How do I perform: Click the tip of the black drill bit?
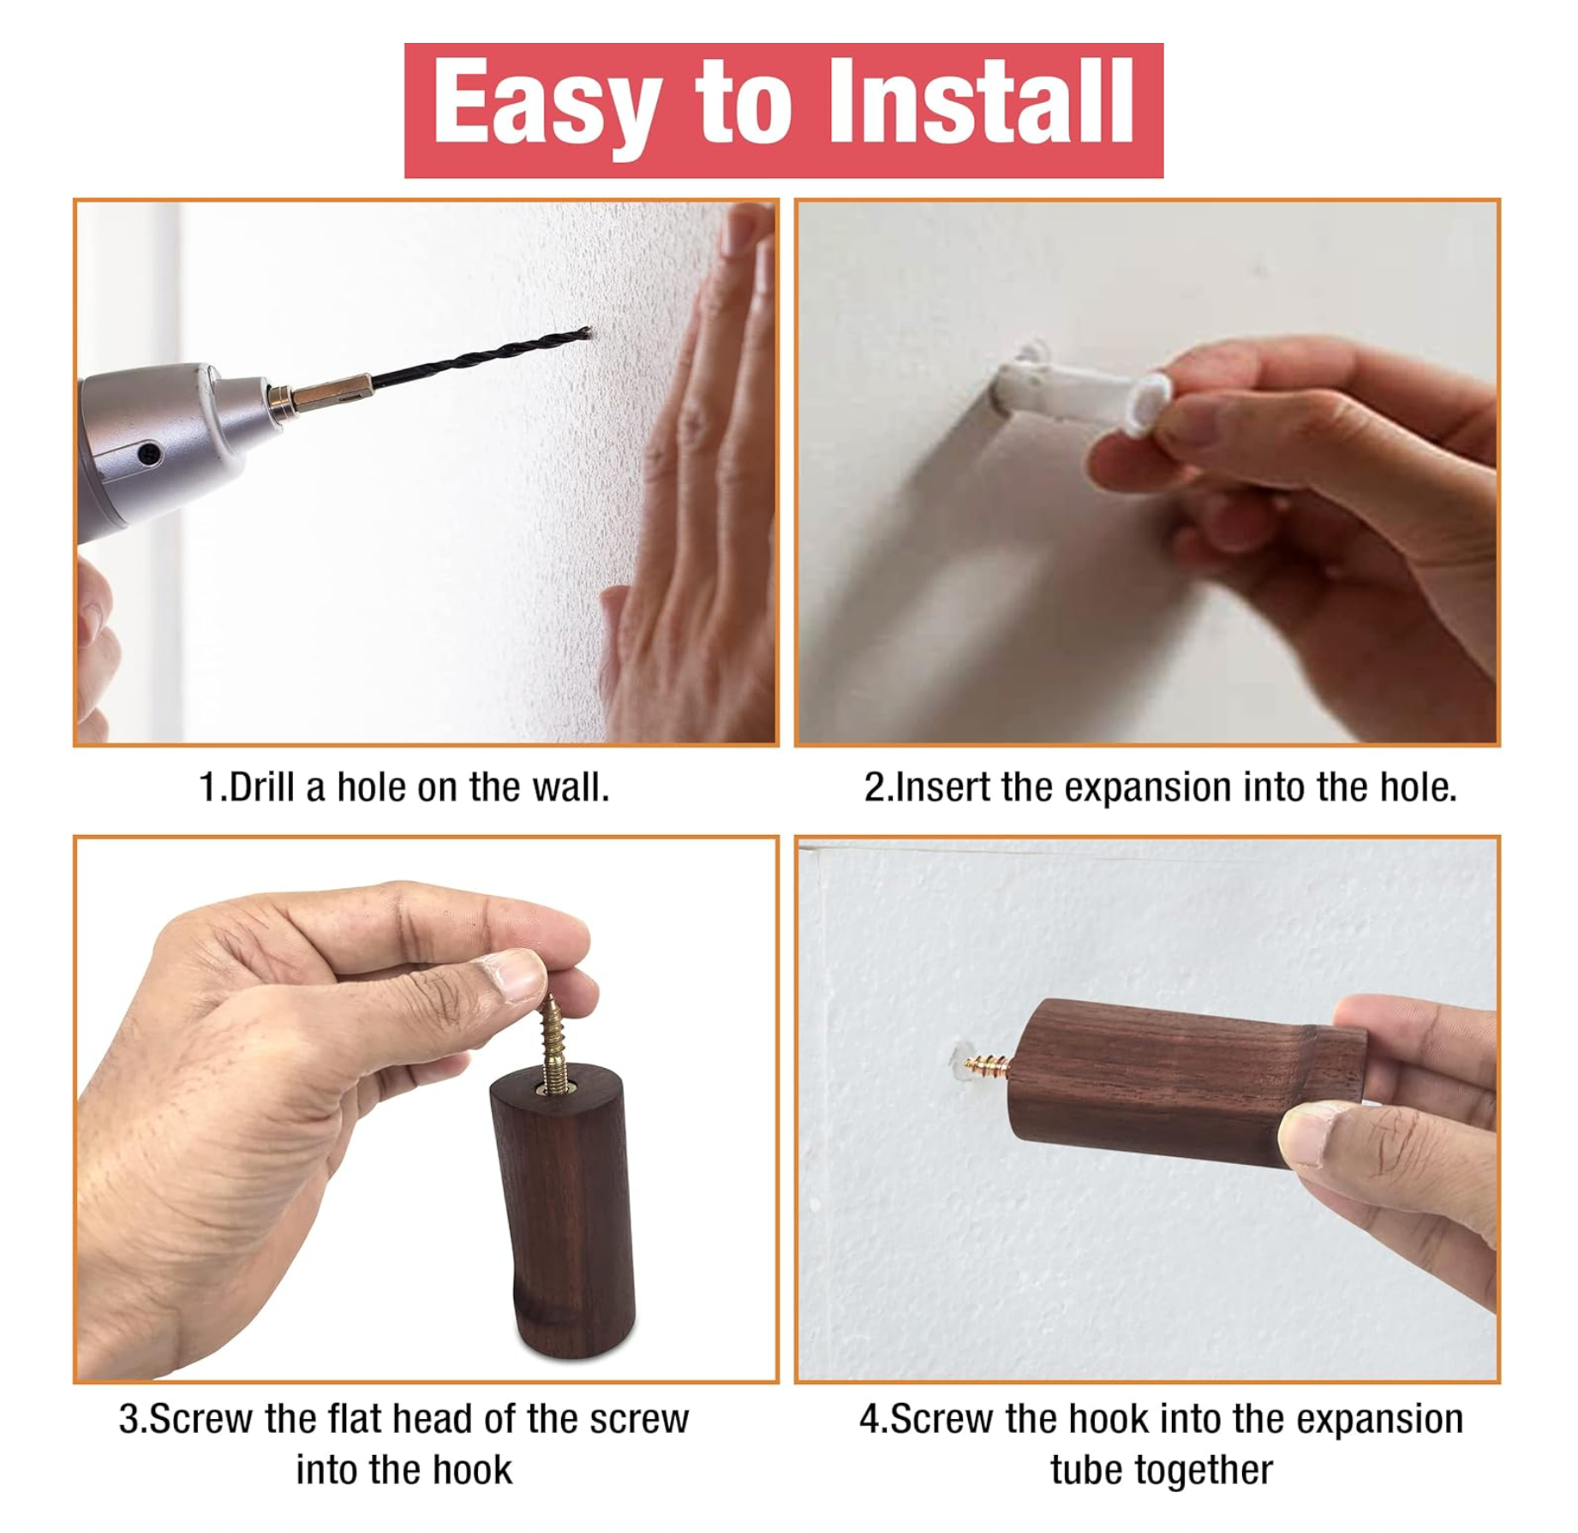click(587, 331)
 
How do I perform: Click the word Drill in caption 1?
click(262, 787)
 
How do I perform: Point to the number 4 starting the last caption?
click(869, 1419)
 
